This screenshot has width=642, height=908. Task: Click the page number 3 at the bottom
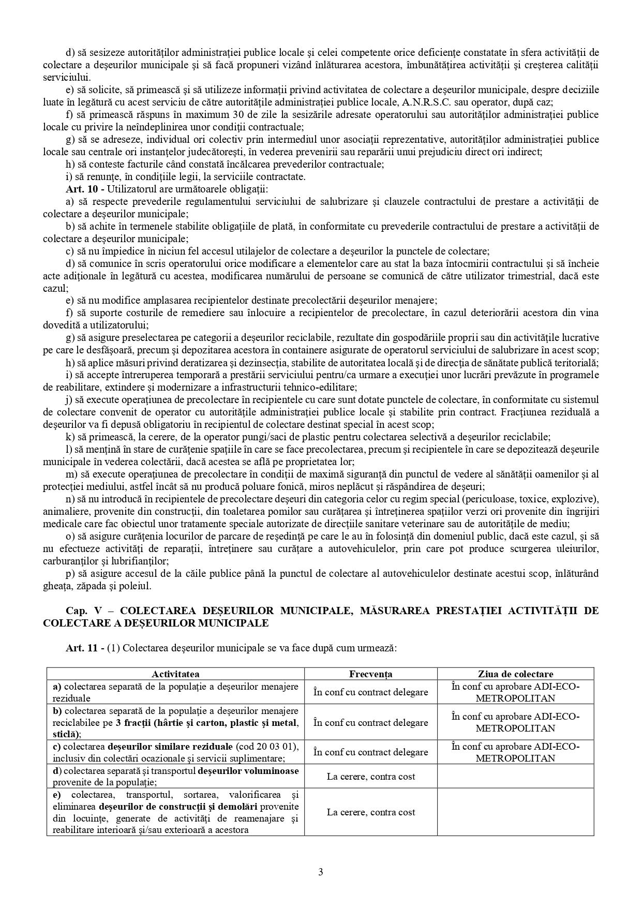(x=321, y=872)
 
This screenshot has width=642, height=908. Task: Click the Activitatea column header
(x=175, y=674)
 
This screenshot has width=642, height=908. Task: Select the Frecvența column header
(x=370, y=674)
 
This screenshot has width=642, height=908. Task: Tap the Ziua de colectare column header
(x=515, y=674)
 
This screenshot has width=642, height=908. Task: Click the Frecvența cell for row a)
(x=370, y=692)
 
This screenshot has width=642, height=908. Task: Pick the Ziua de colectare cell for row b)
(x=515, y=722)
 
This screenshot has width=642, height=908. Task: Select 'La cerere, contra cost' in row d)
(x=370, y=776)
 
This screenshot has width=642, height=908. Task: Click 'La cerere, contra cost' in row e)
(x=370, y=812)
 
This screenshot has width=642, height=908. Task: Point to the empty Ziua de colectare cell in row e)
(x=515, y=812)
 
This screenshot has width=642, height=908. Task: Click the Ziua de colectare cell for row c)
(x=515, y=752)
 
